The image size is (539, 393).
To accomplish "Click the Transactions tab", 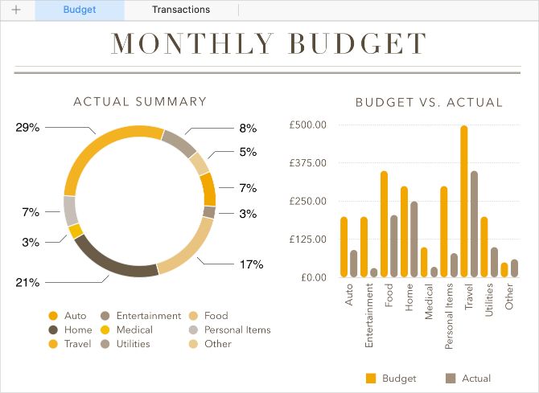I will point(180,10).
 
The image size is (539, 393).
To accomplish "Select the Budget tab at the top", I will point(80,10).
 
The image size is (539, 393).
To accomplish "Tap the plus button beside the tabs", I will point(16,10).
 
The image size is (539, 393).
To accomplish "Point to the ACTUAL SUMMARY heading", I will point(140,102).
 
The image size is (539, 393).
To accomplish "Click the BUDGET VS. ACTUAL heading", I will point(429,103).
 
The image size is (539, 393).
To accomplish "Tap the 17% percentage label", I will point(251,264).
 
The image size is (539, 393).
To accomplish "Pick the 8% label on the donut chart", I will point(248,128).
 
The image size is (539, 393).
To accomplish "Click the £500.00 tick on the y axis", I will point(308,125).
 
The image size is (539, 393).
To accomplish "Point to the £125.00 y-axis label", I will point(308,239).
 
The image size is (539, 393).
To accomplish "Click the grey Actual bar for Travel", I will point(475,224).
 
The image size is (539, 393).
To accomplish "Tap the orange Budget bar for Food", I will point(384,224).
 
